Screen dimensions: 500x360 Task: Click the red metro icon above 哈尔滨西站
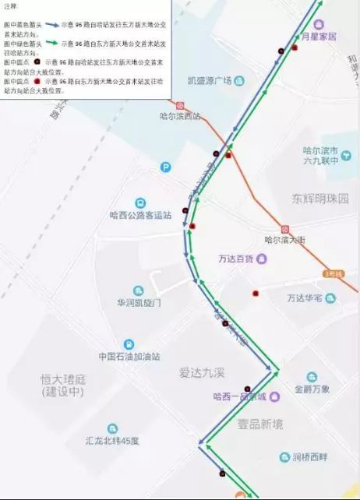180,104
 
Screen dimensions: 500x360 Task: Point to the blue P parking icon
165,167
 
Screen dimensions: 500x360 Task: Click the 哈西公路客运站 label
140,215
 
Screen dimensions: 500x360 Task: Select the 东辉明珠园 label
321,198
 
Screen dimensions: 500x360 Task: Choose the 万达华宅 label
305,298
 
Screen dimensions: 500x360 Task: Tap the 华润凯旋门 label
139,302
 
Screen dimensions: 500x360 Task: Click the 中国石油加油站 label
129,357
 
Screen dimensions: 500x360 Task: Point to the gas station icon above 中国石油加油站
129,343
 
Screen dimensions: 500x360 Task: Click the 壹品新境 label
260,424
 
